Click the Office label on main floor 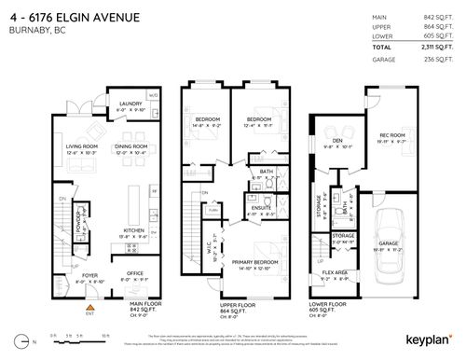coord(136,273)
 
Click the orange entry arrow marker coord(90,305)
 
